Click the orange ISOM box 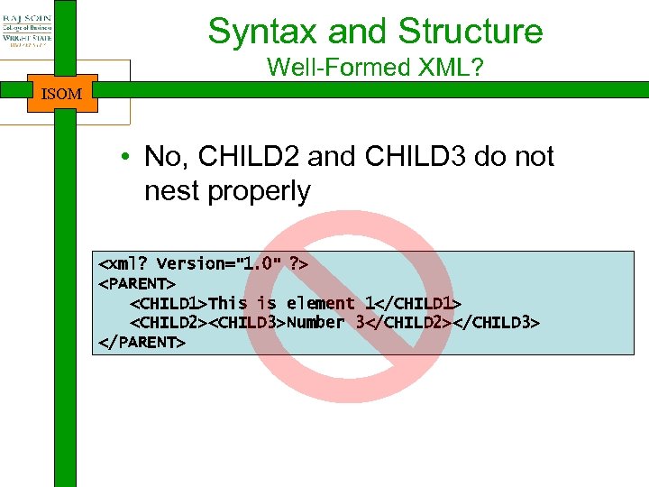[x=62, y=93]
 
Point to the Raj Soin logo [x=27, y=32]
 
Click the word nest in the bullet [x=172, y=190]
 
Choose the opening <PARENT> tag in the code [x=136, y=283]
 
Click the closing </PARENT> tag [x=141, y=343]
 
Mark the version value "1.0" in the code [x=260, y=263]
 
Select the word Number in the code [x=315, y=323]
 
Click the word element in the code [x=320, y=303]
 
